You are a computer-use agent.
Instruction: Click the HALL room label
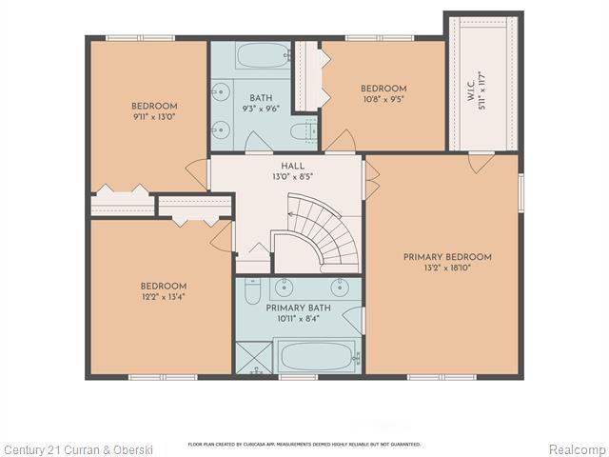coord(292,166)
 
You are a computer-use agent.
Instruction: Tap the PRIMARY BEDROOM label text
coord(447,257)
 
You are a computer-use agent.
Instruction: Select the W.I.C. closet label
coord(471,91)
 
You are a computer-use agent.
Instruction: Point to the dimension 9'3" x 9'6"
coord(261,109)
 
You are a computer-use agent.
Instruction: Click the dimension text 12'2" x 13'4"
coord(164,297)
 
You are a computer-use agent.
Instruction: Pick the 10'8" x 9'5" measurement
coord(383,99)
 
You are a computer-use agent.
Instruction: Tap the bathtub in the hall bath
coord(264,55)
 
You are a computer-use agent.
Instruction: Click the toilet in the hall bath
coord(304,131)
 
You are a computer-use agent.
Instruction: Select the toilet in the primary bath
coord(252,291)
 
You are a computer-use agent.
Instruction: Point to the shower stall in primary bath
coord(254,357)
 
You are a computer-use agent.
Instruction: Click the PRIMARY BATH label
coord(298,308)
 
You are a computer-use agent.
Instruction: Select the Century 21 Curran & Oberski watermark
coord(77,450)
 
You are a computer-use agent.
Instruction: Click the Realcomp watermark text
coord(578,450)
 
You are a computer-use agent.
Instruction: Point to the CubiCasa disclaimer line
coord(304,444)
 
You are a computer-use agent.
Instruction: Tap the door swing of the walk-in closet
coord(481,163)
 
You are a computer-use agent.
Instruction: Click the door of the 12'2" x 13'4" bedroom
coord(222,236)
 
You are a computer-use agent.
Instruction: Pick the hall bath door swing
coord(259,142)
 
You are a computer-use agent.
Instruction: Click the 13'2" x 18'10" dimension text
coord(447,268)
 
